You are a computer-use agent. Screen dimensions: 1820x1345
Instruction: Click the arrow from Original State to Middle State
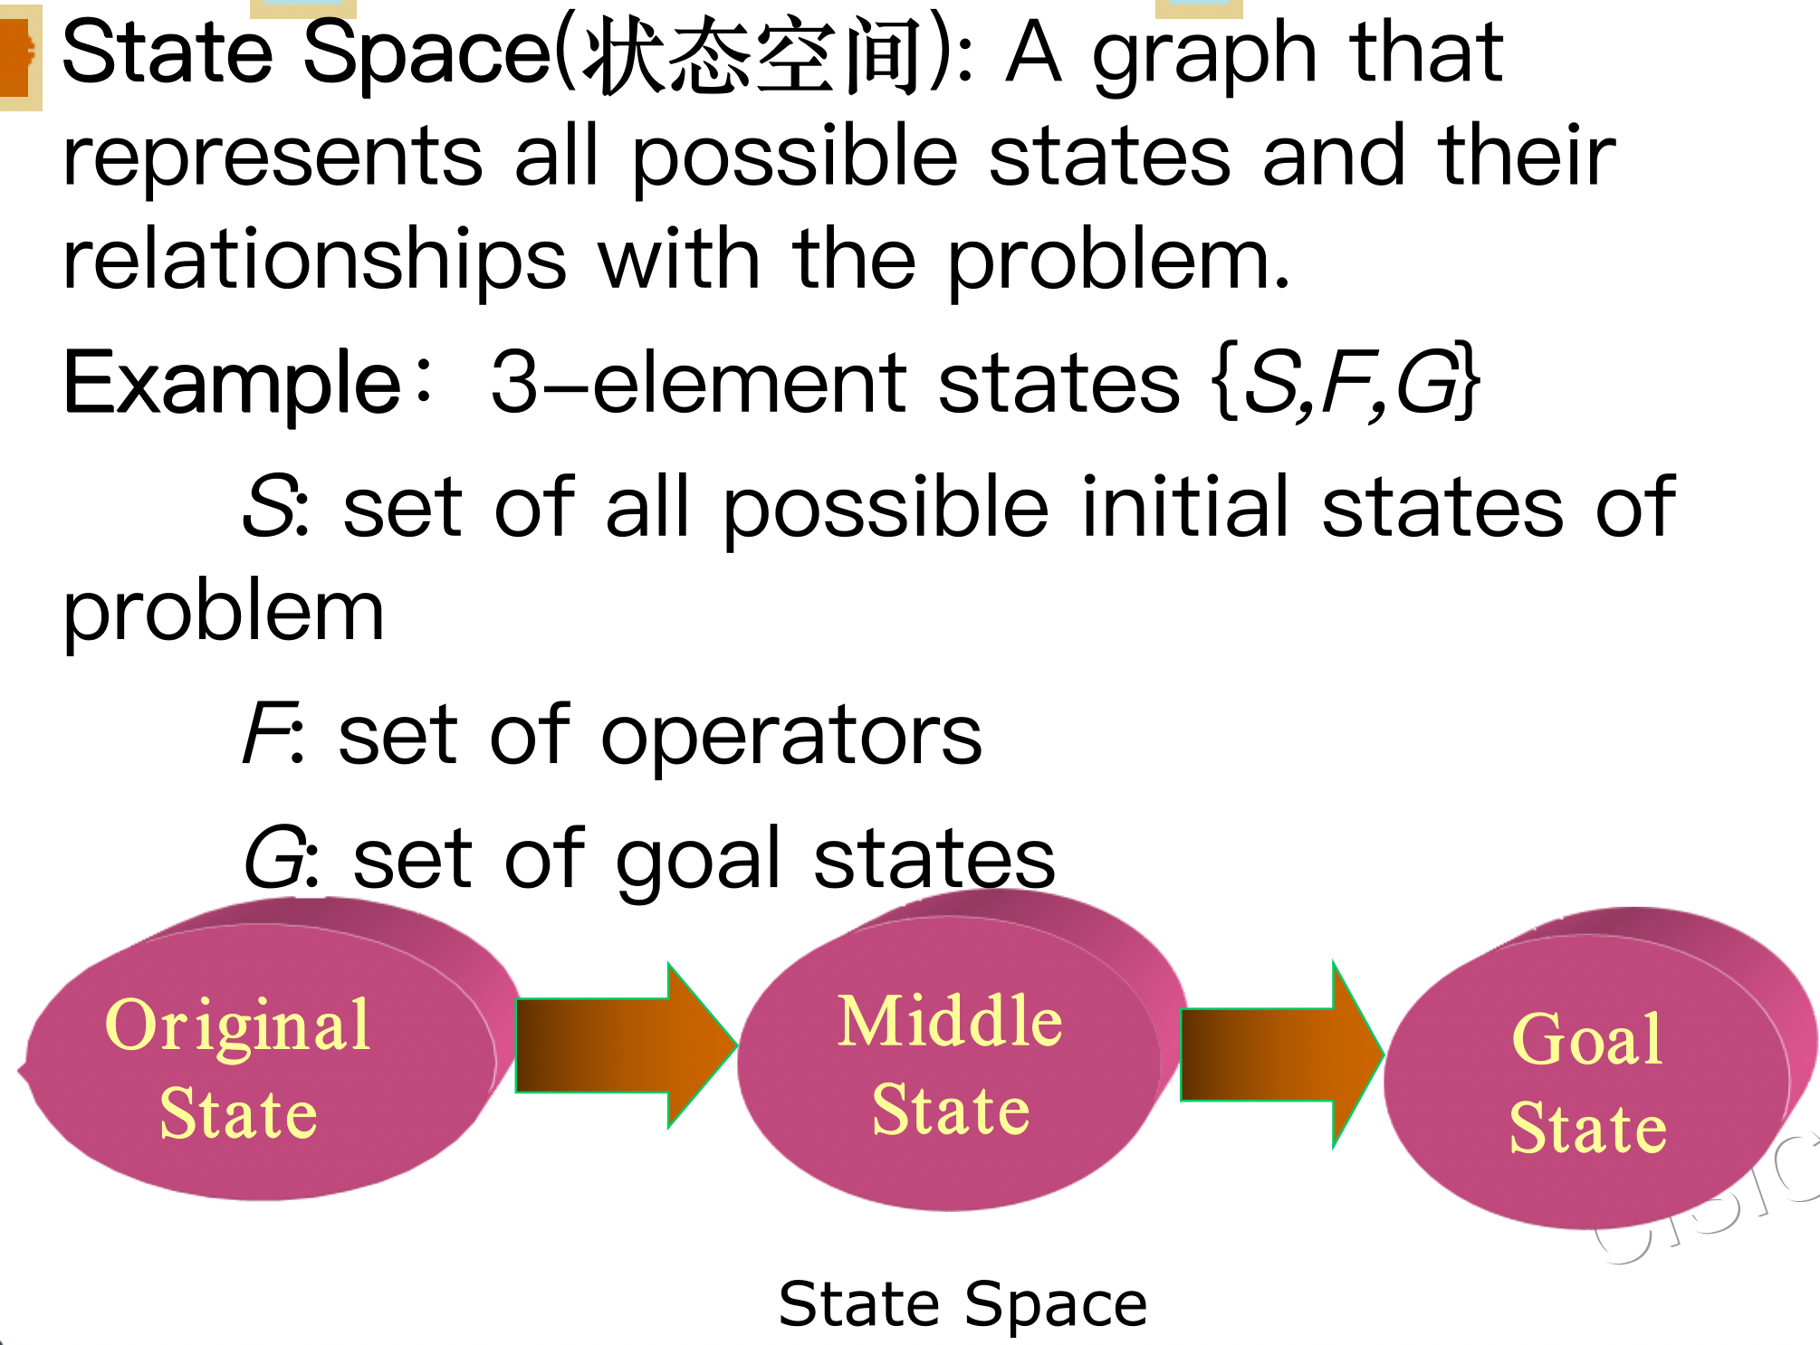pyautogui.click(x=625, y=1045)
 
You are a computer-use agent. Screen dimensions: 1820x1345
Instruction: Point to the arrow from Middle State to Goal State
pyautogui.click(x=1281, y=1054)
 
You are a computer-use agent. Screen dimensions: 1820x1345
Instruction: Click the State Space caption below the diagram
pyautogui.click(x=963, y=1304)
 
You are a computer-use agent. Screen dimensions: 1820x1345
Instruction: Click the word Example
pyautogui.click(x=232, y=384)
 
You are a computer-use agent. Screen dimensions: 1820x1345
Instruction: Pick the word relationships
pyautogui.click(x=314, y=261)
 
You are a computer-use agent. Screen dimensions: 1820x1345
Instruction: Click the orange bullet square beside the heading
pyautogui.click(x=16, y=56)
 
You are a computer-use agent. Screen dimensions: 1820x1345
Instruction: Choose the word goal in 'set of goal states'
pyautogui.click(x=697, y=860)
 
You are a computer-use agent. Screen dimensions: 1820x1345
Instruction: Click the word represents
pyautogui.click(x=272, y=158)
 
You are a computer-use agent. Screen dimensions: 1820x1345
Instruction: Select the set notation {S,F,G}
pyautogui.click(x=1346, y=384)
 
